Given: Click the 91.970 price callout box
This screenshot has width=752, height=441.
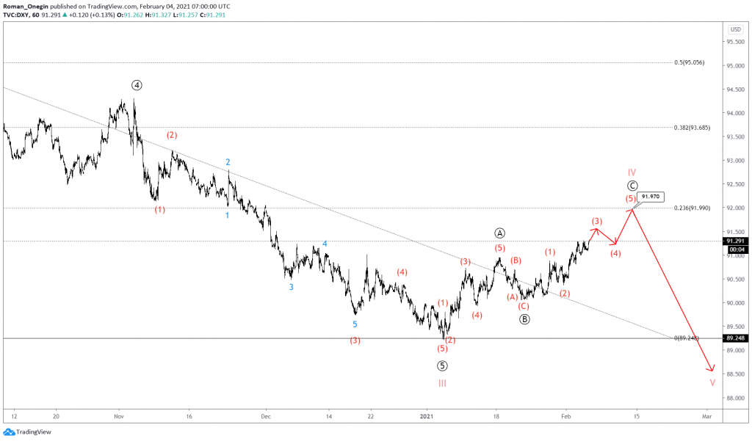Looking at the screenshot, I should (x=651, y=197).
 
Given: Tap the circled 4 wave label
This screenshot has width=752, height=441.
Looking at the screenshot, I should (x=137, y=85).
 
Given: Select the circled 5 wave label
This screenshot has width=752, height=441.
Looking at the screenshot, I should (x=442, y=365).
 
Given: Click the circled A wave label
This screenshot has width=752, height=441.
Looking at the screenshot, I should (x=500, y=233).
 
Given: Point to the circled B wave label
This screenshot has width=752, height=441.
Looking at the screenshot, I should (x=524, y=319).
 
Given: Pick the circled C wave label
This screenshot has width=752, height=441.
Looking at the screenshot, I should (x=632, y=186).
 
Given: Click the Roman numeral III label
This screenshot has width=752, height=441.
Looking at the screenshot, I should (x=442, y=383).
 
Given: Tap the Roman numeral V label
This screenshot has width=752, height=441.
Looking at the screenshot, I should (x=712, y=383).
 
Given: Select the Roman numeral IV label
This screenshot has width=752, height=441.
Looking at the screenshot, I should (x=632, y=172).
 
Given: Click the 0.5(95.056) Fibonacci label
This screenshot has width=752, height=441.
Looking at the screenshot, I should (x=689, y=63).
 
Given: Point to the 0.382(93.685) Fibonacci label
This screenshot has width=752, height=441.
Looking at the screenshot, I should (x=690, y=128).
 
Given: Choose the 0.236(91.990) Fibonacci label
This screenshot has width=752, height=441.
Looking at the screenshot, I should (x=690, y=208).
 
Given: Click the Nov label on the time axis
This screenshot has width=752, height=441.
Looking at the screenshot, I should (x=118, y=415).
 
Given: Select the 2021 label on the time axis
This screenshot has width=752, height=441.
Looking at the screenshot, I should (x=427, y=415).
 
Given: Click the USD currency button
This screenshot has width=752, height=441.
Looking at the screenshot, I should (x=735, y=29).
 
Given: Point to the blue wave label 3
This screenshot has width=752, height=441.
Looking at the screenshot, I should (x=291, y=288).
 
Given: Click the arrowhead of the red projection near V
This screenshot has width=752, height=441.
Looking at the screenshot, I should (x=711, y=370).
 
